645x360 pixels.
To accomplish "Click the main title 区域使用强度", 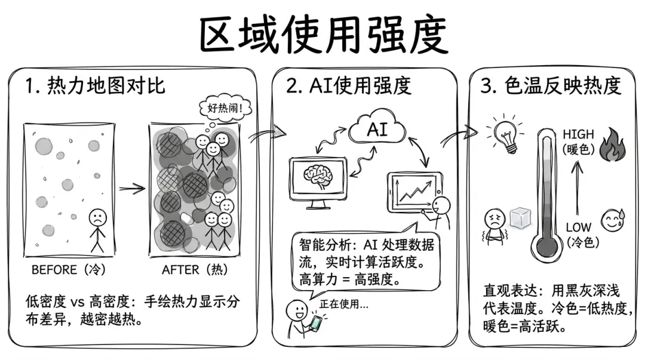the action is pos(323,35).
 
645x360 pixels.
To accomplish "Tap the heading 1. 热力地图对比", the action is pos(95,86).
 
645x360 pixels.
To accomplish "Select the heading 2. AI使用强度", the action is pos(349,86).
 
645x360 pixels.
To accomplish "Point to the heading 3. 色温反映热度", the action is pos(551,86).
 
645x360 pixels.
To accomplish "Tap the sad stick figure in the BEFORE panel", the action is pos(97,230).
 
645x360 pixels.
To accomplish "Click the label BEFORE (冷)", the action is pos(69,270).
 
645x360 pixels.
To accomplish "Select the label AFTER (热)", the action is pos(195,270).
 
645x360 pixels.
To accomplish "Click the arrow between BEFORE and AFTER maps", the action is pos(132,189).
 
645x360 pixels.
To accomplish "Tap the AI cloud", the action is pos(377,128).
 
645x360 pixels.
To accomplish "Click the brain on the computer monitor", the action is pos(318,177).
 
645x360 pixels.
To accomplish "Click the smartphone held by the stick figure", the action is pos(315,324).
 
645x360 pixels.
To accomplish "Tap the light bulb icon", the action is pos(505,134).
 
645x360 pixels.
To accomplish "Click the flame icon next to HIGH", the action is pos(613,144).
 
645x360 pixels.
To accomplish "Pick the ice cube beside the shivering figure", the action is pos(520,218).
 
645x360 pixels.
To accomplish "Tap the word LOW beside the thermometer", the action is pos(578,227).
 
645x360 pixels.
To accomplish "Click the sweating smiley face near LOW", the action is pos(612,220).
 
